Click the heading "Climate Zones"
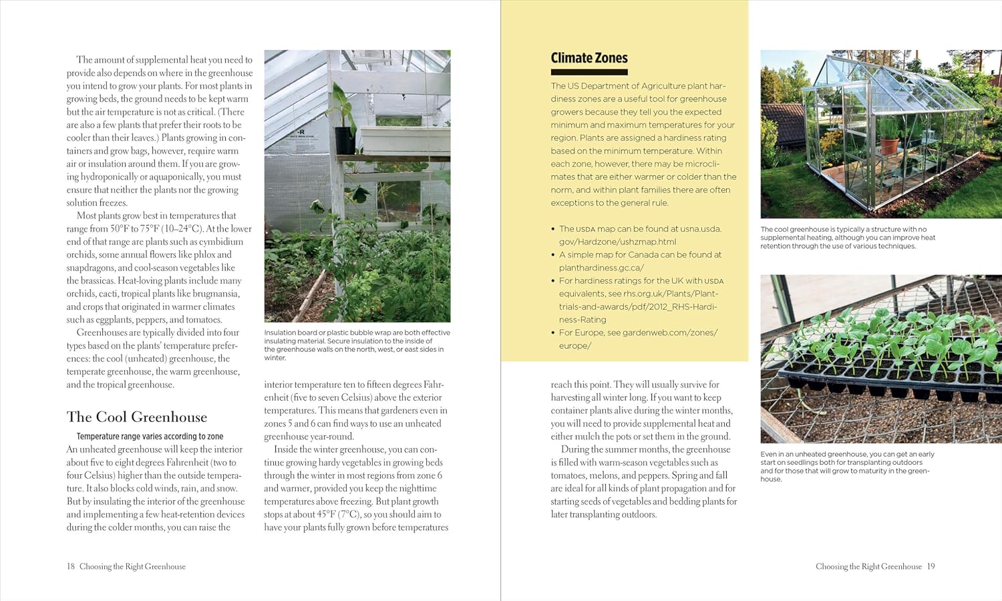point(589,58)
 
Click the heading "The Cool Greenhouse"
point(137,417)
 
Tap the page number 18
point(71,566)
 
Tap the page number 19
point(931,566)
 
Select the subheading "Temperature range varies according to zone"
point(150,437)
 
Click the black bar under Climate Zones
point(589,72)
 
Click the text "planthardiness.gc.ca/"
point(601,268)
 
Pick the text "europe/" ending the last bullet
point(574,346)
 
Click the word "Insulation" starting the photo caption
point(280,333)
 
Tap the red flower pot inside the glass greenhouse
point(889,145)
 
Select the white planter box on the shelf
point(394,140)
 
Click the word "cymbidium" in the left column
point(221,242)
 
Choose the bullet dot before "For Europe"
point(553,333)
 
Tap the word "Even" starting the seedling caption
point(768,454)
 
